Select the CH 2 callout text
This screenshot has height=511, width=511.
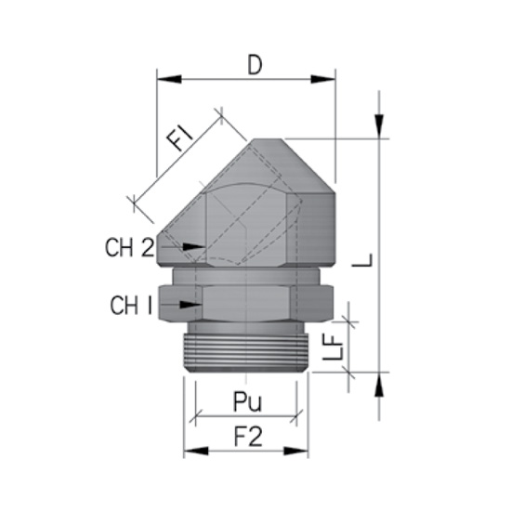click(x=129, y=248)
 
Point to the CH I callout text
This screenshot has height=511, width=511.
click(x=131, y=304)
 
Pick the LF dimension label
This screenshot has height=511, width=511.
click(x=340, y=346)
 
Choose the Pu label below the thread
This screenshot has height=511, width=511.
click(x=245, y=401)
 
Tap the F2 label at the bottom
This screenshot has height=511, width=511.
click(x=245, y=435)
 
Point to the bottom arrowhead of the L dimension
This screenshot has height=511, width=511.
click(x=379, y=384)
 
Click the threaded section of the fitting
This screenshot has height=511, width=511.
click(x=245, y=348)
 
